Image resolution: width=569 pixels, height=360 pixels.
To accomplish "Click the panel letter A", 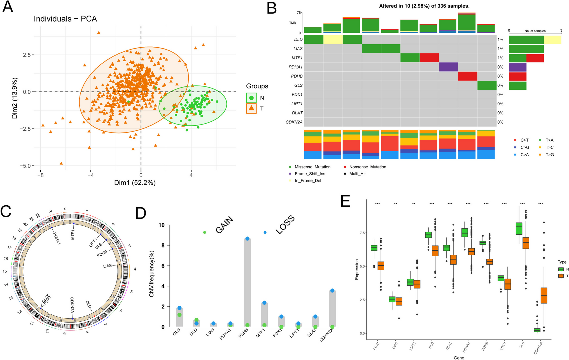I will [x=8, y=7].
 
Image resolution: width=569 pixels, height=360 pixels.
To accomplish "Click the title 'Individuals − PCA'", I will [x=65, y=19].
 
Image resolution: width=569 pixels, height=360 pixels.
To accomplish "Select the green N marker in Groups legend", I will [x=251, y=98].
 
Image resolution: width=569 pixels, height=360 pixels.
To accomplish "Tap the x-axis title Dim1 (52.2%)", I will [x=135, y=183].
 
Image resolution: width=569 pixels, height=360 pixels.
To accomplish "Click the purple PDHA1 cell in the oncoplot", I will [x=448, y=67].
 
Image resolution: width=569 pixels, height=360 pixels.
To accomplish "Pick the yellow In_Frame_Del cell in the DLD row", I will [x=333, y=39].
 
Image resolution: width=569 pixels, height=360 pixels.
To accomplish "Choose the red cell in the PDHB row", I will [x=468, y=76].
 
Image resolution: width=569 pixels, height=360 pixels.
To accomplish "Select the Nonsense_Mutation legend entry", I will [x=367, y=167].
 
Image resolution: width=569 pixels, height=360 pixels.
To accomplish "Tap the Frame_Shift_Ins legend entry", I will [x=310, y=174].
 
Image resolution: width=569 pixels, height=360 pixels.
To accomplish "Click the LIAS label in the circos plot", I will [x=107, y=266].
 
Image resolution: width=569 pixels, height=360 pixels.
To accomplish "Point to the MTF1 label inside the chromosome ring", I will [x=73, y=234].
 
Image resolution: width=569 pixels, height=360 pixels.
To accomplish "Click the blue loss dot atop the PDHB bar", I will [x=247, y=239].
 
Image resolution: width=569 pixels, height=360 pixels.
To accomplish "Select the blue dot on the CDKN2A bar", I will [x=332, y=291].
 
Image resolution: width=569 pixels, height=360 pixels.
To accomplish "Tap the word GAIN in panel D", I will [x=224, y=225].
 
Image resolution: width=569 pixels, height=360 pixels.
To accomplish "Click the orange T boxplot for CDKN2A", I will [x=544, y=295].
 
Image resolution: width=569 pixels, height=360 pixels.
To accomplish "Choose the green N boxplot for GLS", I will [x=519, y=228].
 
